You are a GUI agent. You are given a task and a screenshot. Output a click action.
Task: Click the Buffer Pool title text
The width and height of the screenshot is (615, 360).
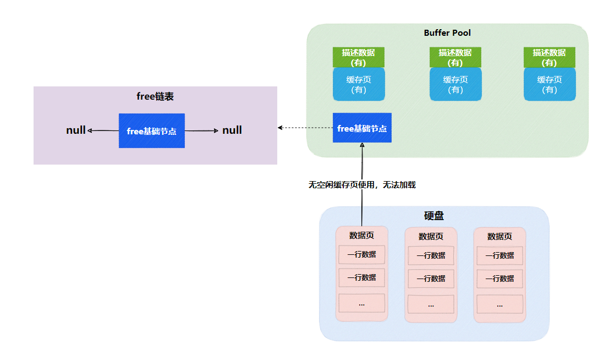click(447, 33)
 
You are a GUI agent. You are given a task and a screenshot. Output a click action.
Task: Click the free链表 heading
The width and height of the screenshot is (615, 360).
click(155, 97)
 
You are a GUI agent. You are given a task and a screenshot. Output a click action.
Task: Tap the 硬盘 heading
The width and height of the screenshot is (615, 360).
click(434, 216)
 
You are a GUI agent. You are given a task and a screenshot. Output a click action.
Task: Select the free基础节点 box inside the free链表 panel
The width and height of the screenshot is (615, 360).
click(152, 131)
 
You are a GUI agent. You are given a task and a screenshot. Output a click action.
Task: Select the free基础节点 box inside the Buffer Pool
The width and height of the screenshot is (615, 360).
click(362, 128)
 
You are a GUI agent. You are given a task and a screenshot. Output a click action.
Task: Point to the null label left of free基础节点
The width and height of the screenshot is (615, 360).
click(76, 130)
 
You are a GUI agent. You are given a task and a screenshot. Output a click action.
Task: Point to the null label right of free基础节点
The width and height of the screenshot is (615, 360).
click(232, 130)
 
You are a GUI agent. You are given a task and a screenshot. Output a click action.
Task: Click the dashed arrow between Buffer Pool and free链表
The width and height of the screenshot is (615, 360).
click(305, 128)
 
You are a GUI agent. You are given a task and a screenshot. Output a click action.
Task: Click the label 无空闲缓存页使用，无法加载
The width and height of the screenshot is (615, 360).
click(363, 185)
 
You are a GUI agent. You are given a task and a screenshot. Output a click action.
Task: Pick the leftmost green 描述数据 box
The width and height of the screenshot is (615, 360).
click(358, 57)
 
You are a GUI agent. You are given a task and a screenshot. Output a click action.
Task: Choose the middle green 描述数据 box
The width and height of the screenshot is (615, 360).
click(455, 57)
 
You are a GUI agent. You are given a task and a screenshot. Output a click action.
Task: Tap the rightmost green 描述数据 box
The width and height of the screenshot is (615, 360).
click(549, 57)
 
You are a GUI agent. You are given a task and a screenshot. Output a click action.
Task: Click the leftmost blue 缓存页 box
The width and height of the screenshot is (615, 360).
click(359, 84)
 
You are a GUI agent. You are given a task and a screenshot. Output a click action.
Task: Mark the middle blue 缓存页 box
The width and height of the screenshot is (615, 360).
click(455, 84)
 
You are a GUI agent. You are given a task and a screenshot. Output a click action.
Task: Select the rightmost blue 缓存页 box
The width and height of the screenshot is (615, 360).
click(550, 84)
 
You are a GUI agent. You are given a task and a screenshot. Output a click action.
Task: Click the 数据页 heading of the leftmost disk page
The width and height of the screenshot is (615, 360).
click(361, 236)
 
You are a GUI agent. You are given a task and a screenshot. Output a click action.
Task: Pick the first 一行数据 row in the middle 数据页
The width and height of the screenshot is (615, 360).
click(431, 255)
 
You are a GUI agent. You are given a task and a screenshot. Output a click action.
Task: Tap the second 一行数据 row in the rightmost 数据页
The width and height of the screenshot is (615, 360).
click(499, 279)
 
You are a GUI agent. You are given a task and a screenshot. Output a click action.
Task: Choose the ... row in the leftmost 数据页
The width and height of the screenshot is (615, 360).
click(361, 303)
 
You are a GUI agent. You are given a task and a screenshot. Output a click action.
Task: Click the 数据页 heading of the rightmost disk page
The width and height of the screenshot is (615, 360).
click(499, 237)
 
